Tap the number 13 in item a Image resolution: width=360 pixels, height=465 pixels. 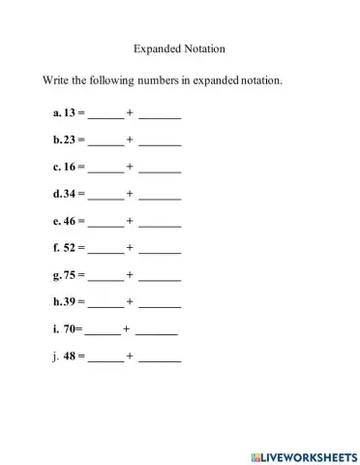(x=70, y=112)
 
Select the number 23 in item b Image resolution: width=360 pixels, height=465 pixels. (x=70, y=139)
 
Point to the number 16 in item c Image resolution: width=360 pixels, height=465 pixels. (x=70, y=167)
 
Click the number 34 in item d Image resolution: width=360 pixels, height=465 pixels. (x=70, y=194)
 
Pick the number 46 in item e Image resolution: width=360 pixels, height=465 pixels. (x=70, y=221)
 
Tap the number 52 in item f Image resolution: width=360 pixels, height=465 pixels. (x=70, y=248)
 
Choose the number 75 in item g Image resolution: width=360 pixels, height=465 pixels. (x=70, y=275)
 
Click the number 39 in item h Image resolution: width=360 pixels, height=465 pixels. (x=70, y=302)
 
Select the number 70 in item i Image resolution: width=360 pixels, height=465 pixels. (x=69, y=329)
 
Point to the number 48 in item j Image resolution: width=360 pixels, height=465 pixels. (x=70, y=356)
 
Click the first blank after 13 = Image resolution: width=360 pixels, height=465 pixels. (x=105, y=115)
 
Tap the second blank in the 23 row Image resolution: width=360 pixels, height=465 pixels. (x=160, y=142)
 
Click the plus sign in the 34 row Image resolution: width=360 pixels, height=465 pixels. (x=130, y=194)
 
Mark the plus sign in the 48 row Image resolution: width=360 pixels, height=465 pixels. (x=130, y=356)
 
